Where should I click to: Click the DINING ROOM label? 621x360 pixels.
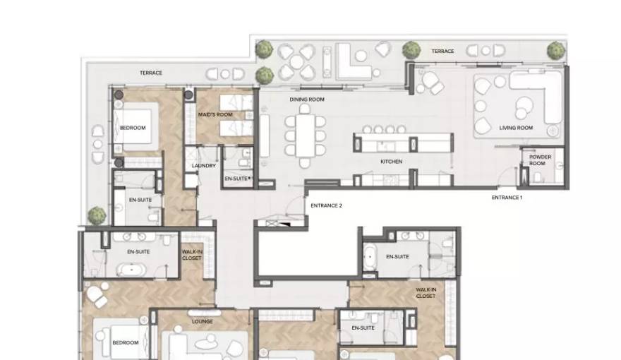(307, 100)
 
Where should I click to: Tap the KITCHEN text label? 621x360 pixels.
(391, 162)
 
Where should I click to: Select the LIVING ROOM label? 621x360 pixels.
(516, 128)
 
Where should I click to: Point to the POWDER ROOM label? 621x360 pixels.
(541, 160)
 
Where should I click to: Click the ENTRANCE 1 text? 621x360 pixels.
(507, 197)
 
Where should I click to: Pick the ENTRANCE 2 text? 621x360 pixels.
(326, 205)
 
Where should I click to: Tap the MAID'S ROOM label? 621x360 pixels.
(215, 115)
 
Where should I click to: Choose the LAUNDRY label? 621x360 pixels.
(204, 166)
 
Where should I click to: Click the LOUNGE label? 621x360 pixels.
(203, 322)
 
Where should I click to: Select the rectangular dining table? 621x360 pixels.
(305, 136)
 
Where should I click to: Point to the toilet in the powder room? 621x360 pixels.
(538, 177)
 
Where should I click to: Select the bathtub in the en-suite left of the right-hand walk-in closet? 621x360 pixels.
(370, 257)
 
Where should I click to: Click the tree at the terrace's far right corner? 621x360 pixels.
(556, 51)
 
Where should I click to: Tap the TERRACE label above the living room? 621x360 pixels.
(442, 52)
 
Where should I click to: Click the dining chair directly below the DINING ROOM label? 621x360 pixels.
(305, 109)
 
